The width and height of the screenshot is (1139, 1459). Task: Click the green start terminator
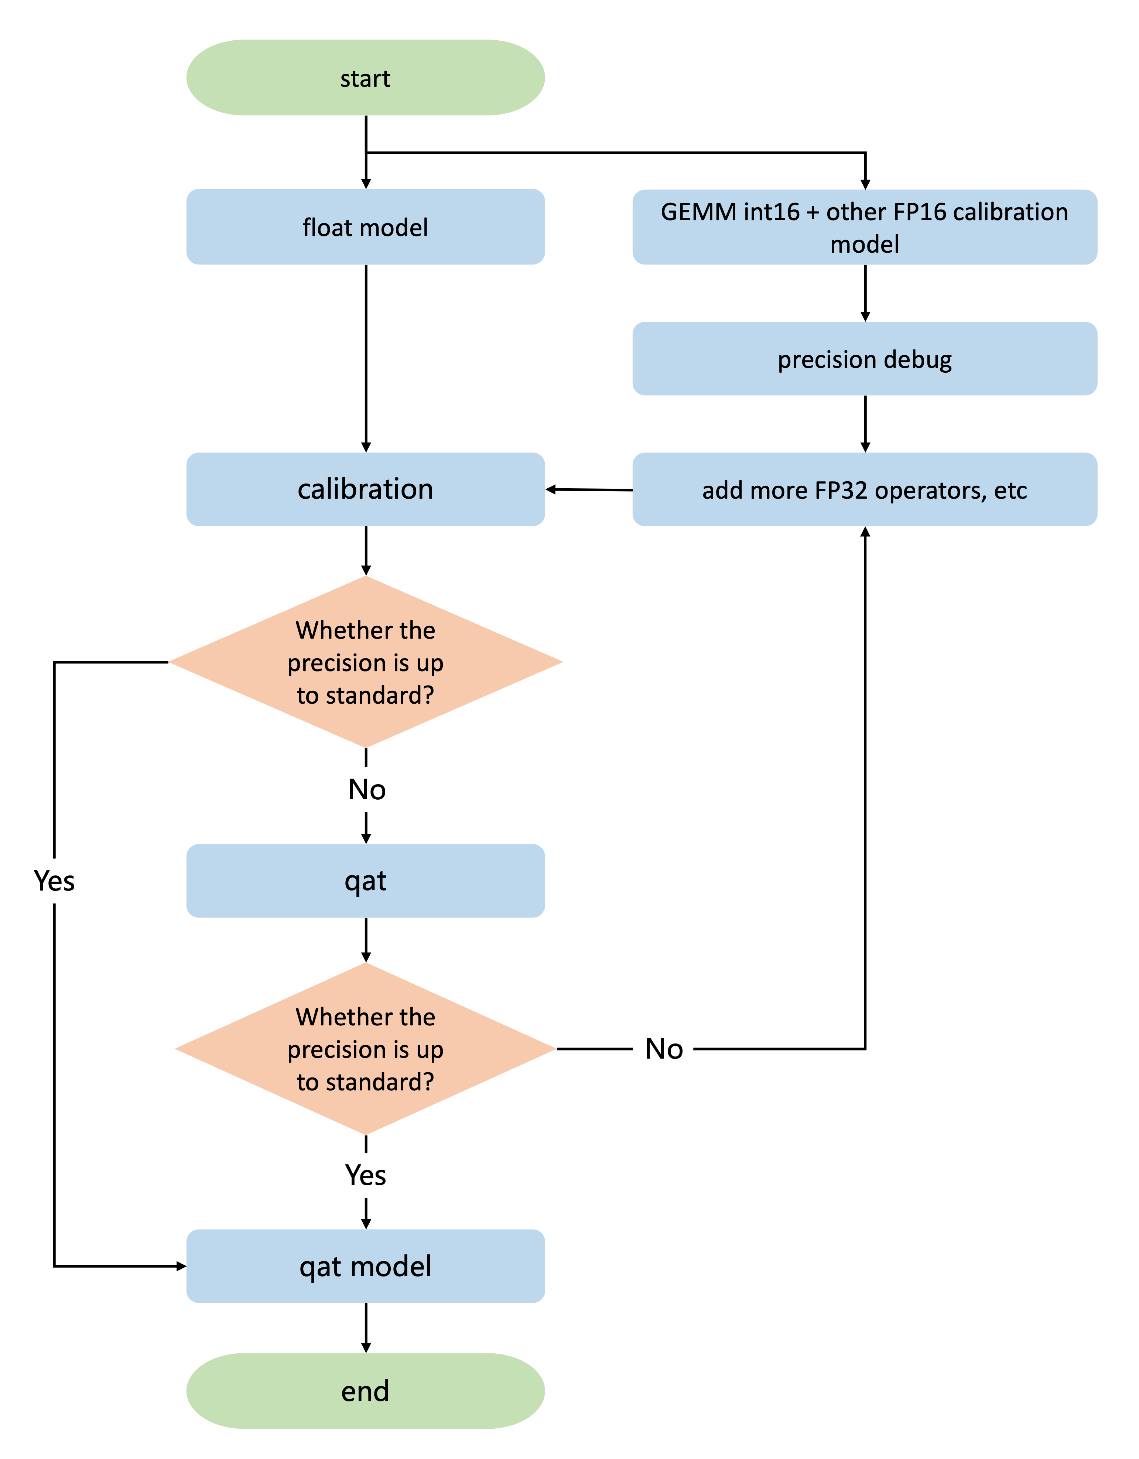coord(365,78)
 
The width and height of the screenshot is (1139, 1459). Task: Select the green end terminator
coord(365,1391)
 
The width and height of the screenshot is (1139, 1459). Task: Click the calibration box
coord(365,489)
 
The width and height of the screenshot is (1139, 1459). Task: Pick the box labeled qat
coord(365,881)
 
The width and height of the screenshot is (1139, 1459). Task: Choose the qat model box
coord(365,1266)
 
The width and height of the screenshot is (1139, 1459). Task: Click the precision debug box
coord(865,359)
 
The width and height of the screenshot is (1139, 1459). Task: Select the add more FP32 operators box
coord(865,490)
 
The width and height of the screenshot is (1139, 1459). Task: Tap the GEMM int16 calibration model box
coord(865,227)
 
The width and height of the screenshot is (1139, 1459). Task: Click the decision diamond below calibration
coord(365,662)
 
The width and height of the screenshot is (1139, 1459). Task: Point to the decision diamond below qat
coord(365,1049)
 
